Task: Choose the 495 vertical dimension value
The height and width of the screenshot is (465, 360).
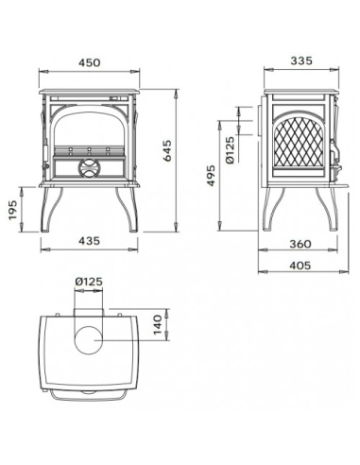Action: pyautogui.click(x=214, y=173)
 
